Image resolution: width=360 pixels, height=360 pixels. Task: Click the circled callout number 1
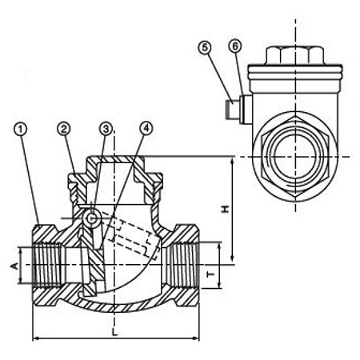click(x=20, y=130)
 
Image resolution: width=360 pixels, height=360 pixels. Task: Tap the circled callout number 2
click(x=64, y=129)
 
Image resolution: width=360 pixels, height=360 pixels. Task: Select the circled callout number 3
click(x=106, y=129)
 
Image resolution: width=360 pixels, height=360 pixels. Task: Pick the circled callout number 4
click(x=146, y=129)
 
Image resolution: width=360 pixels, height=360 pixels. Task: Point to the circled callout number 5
click(x=205, y=47)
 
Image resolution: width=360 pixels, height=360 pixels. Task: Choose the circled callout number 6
click(x=235, y=46)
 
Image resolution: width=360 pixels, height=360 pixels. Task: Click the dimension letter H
click(x=226, y=210)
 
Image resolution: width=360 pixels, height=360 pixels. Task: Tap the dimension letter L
click(x=114, y=333)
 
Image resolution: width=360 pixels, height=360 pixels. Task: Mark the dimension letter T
click(x=211, y=274)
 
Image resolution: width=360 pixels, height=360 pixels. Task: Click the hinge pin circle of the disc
click(x=91, y=219)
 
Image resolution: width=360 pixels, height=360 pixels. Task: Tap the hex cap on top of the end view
click(x=295, y=56)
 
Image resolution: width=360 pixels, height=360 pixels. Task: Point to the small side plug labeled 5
click(x=232, y=110)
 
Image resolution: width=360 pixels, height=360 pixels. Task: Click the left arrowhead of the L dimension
click(x=36, y=338)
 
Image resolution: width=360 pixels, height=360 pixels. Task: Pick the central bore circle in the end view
click(x=295, y=157)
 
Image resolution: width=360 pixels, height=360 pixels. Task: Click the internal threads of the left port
click(x=49, y=265)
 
